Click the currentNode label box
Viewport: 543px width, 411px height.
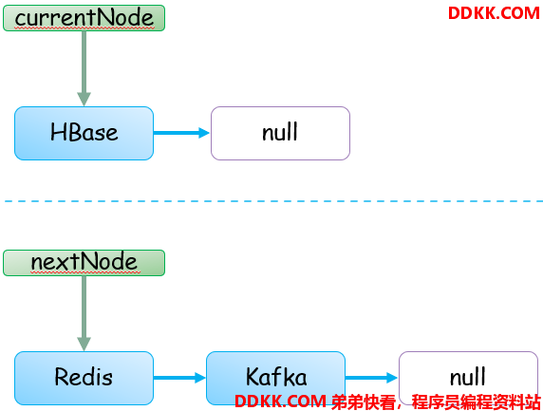coord(84,18)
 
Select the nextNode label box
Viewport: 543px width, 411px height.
coord(84,263)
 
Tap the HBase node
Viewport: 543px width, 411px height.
coord(84,133)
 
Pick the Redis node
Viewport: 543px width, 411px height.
coord(84,378)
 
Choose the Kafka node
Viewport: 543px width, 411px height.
coord(275,378)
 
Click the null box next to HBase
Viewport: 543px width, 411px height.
coord(280,133)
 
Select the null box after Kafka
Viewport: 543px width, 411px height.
coord(468,378)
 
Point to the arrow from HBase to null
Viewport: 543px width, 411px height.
coord(181,133)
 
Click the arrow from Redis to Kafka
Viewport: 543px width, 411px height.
coord(179,378)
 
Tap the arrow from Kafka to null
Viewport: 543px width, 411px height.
coord(371,378)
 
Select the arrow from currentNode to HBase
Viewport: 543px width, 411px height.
coord(84,68)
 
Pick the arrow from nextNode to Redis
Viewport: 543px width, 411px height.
coord(84,313)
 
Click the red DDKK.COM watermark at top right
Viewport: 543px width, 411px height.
coord(494,13)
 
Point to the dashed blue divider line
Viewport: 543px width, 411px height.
coord(273,201)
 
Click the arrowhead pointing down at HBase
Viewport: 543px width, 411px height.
coord(84,100)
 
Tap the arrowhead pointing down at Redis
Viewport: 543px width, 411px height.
coord(84,345)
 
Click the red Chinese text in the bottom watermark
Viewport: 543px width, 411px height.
coord(436,402)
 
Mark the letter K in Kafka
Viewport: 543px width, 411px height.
coord(253,377)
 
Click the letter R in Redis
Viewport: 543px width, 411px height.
coord(62,377)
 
